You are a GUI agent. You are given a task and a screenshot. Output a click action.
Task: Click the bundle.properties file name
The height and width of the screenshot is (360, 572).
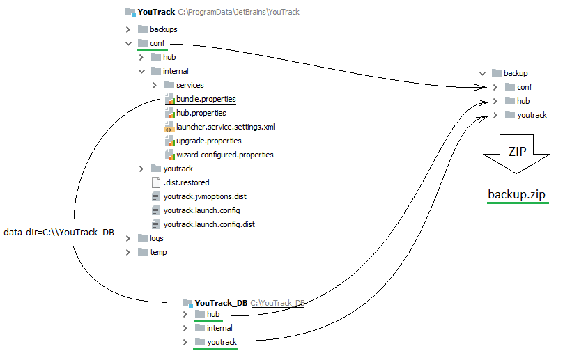(206, 99)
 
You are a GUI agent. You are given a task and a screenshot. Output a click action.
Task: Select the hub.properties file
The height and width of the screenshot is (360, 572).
(201, 113)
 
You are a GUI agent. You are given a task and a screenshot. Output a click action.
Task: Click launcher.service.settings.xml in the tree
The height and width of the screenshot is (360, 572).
(225, 127)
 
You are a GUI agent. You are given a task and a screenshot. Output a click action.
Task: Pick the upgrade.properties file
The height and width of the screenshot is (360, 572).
(208, 141)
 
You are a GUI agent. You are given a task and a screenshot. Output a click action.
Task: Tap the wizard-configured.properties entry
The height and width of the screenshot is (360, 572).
(224, 155)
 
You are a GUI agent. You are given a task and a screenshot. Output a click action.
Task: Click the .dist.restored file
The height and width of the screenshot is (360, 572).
(186, 182)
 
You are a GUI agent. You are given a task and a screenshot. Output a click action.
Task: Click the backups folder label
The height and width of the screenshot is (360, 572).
(163, 29)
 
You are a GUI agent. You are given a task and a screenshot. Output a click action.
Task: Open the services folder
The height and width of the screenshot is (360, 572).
(190, 85)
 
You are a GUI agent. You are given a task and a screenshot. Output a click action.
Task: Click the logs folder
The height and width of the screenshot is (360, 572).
(157, 238)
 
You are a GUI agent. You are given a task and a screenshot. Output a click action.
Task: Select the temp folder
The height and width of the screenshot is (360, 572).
(158, 252)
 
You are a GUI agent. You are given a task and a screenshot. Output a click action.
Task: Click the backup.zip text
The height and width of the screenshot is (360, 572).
(516, 194)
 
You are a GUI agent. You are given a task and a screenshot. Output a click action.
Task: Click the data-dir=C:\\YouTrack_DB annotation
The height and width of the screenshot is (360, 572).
(58, 233)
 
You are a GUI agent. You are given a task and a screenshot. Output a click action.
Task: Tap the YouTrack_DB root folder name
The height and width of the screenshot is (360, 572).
(221, 303)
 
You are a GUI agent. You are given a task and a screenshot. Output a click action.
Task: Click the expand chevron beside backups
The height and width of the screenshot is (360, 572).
(127, 29)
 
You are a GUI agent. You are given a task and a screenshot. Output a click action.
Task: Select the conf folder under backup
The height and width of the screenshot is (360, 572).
(524, 87)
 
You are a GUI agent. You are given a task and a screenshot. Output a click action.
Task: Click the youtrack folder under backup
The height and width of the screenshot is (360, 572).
(532, 115)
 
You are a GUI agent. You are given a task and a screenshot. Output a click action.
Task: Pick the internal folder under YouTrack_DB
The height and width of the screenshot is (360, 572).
(219, 328)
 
